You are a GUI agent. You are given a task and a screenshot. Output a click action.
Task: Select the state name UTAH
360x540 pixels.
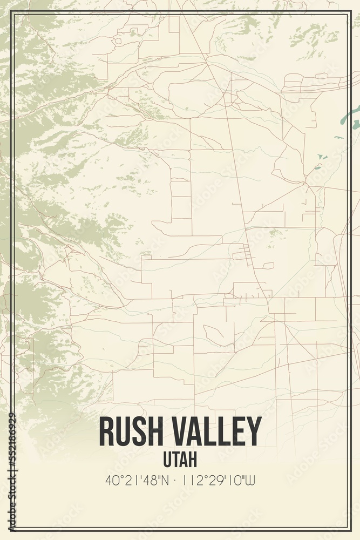[180, 460]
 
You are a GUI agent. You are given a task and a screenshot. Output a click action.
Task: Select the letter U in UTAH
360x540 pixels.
[167, 460]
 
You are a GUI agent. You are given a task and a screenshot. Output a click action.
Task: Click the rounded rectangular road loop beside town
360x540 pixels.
[268, 266]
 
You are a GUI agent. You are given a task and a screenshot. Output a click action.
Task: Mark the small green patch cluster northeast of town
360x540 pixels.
[275, 233]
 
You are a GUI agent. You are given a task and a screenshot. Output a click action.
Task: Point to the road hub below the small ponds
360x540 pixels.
[306, 184]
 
